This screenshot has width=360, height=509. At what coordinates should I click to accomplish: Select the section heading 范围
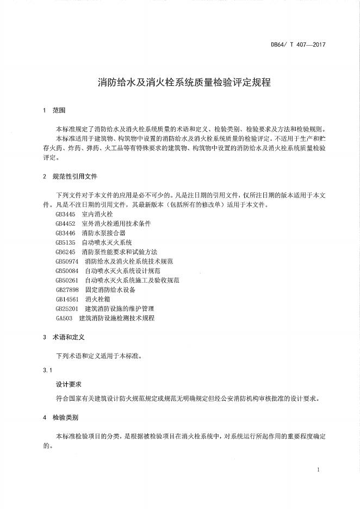tap(59, 110)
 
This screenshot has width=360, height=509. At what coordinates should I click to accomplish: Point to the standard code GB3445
tap(65, 214)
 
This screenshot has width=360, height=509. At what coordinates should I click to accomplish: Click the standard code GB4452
tap(65, 224)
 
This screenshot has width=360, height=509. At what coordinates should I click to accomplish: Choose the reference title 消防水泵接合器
tap(103, 233)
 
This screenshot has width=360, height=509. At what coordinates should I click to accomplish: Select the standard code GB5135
tap(65, 243)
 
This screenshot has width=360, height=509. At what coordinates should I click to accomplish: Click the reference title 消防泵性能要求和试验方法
tap(119, 252)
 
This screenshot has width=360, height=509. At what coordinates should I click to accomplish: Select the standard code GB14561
tap(67, 299)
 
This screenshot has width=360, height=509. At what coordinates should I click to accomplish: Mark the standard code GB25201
tap(67, 308)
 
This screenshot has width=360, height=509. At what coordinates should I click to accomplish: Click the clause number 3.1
tap(47, 371)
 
